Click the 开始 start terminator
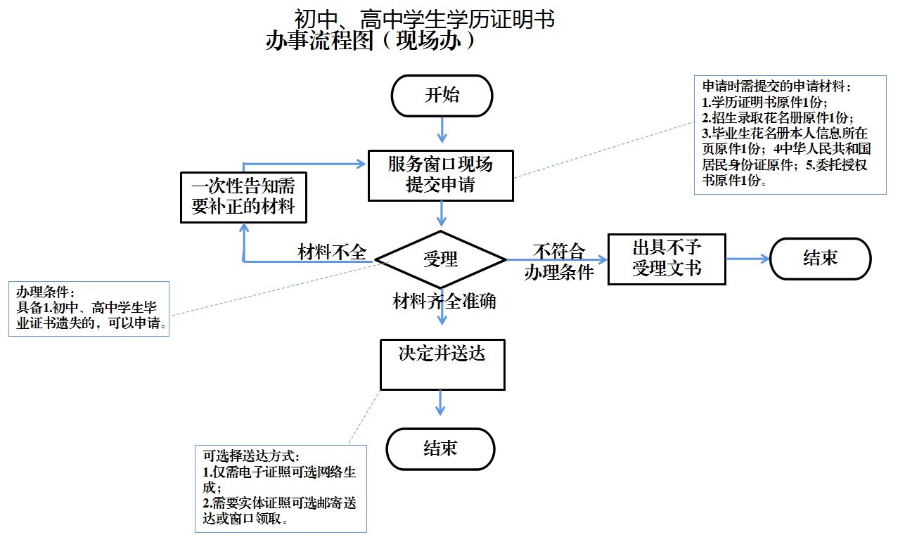[442, 96]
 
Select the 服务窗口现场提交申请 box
[441, 175]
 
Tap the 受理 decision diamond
[441, 259]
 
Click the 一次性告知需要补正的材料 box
[243, 198]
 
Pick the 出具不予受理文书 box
[666, 259]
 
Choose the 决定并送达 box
[442, 364]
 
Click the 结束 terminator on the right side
[820, 259]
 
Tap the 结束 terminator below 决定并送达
[441, 448]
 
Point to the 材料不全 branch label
[332, 252]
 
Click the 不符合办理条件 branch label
[559, 262]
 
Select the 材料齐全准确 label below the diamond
[444, 302]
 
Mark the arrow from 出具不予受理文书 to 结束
[748, 259]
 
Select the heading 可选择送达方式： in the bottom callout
[251, 455]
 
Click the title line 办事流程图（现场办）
[371, 41]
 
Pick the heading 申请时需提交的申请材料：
[777, 86]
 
